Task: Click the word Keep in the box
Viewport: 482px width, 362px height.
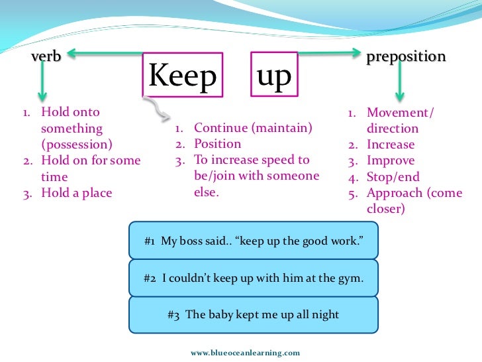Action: (x=182, y=77)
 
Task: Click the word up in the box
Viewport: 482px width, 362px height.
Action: (x=273, y=76)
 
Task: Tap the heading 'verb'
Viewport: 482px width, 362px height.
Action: (x=46, y=57)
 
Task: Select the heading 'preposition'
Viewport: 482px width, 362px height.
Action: (x=406, y=57)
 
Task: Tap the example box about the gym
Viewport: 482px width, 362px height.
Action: (x=254, y=278)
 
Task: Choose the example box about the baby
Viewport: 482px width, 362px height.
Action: (x=254, y=314)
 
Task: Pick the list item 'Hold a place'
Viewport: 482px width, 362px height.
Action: (x=76, y=193)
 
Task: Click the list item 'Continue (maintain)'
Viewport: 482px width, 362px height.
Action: (x=252, y=128)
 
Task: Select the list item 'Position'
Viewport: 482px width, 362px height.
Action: (x=217, y=144)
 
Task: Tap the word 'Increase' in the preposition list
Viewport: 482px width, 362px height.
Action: (x=391, y=145)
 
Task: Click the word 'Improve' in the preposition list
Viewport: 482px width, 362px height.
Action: (x=391, y=160)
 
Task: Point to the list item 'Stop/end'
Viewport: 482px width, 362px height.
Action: (x=393, y=177)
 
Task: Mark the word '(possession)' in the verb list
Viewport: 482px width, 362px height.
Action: (x=76, y=145)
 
